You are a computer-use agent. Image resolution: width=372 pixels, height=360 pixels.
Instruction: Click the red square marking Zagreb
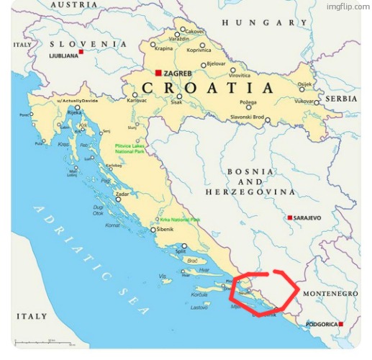(158, 73)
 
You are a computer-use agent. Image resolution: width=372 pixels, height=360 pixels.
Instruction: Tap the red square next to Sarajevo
(289, 217)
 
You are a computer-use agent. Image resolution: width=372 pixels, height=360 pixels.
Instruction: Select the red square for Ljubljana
(81, 52)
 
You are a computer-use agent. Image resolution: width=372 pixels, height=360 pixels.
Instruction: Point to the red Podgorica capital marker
(340, 324)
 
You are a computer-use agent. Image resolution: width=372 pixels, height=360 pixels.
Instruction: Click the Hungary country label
(264, 23)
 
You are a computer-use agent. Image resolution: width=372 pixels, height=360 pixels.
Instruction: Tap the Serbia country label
(340, 99)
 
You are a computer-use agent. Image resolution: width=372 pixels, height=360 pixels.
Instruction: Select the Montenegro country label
(330, 294)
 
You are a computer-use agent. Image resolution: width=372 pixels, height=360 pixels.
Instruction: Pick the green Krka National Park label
(180, 220)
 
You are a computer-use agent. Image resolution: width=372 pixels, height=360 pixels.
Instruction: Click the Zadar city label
(122, 194)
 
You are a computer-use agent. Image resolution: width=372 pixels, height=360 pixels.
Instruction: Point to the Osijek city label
(305, 84)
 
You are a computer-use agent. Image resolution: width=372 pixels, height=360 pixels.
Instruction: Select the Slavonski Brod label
(247, 117)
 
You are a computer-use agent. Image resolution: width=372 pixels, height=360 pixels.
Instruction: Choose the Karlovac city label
(137, 101)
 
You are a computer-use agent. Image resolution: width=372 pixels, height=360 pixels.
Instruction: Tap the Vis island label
(163, 276)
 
